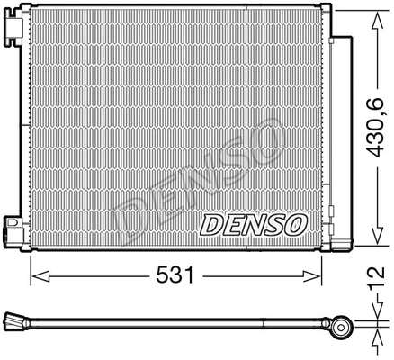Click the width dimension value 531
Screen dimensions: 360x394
[177, 274]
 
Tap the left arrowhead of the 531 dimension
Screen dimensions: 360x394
[36, 274]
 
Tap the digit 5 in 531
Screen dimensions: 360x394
[166, 274]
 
